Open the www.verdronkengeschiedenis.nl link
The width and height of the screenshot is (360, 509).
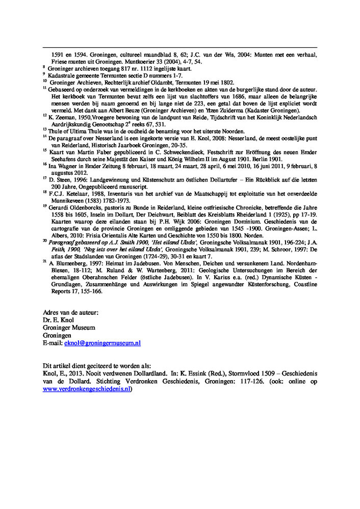pyautogui.click(x=87, y=389)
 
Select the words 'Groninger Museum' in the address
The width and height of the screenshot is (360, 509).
pyautogui.click(x=69, y=328)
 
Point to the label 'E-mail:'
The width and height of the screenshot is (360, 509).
pyautogui.click(x=53, y=344)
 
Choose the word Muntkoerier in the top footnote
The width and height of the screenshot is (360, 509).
pyautogui.click(x=120, y=61)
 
